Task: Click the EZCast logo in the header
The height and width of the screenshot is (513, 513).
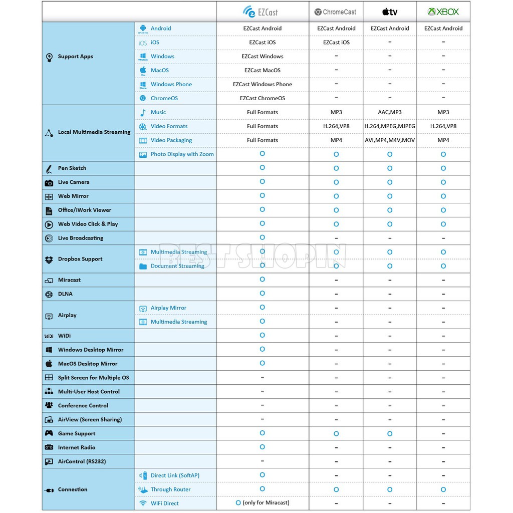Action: click(x=260, y=12)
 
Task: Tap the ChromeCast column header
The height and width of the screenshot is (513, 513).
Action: click(x=336, y=12)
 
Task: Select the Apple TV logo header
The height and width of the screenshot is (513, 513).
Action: click(x=390, y=12)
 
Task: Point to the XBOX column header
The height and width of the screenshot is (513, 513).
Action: click(x=443, y=12)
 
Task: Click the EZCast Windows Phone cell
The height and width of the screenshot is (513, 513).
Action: click(x=263, y=84)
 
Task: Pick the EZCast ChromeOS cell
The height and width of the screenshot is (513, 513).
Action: click(x=263, y=98)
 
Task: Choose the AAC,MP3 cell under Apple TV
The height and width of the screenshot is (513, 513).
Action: click(x=390, y=112)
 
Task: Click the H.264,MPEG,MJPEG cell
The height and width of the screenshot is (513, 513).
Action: click(x=390, y=126)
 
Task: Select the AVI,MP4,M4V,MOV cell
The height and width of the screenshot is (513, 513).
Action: click(x=390, y=140)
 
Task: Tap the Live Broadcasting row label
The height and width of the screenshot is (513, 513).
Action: click(x=80, y=238)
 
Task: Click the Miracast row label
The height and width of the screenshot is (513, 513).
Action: click(x=69, y=280)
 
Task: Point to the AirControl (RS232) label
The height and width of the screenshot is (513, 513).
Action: click(x=82, y=461)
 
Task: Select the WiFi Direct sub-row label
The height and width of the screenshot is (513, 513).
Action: click(x=164, y=503)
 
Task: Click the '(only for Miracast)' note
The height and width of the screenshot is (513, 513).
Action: click(x=266, y=502)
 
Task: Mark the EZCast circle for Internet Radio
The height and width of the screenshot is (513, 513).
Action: click(x=263, y=447)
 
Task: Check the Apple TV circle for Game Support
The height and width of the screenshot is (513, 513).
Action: click(x=390, y=433)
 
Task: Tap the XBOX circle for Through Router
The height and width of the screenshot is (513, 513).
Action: click(x=443, y=489)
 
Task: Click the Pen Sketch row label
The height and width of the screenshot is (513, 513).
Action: click(x=72, y=168)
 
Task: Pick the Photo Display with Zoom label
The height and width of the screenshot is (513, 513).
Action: click(x=182, y=154)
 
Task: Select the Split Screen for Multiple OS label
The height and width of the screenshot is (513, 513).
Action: click(x=93, y=378)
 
